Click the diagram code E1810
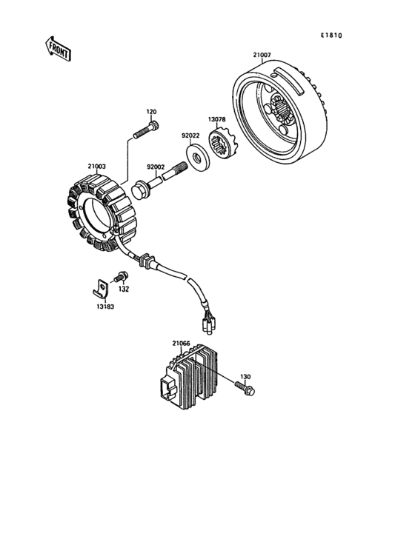[x=331, y=36]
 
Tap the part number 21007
[x=261, y=55]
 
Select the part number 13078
[x=216, y=120]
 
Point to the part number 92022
[x=190, y=135]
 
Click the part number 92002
[x=155, y=168]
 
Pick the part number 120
[x=151, y=112]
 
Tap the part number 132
[x=124, y=290]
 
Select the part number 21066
[x=182, y=344]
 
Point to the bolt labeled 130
[x=245, y=386]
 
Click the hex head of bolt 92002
[x=140, y=191]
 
